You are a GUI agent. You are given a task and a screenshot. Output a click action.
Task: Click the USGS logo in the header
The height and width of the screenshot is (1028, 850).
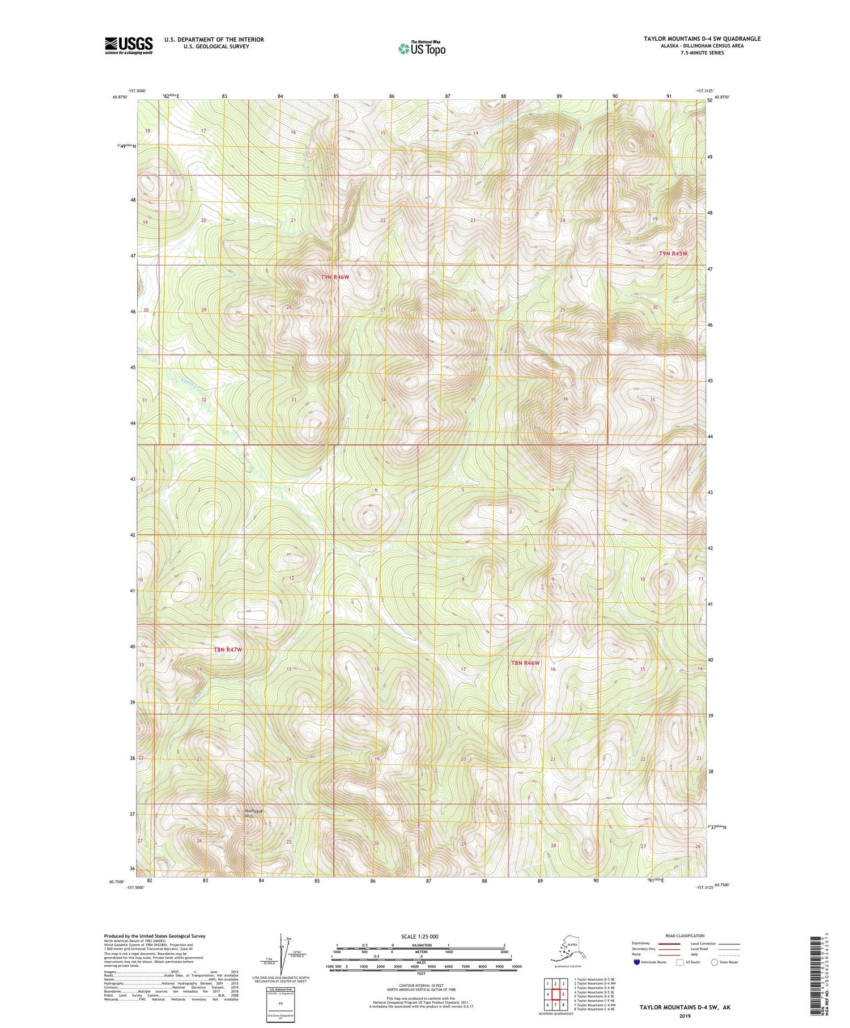[x=129, y=45]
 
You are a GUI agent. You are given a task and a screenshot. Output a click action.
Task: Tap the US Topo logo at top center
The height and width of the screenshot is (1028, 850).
[x=422, y=48]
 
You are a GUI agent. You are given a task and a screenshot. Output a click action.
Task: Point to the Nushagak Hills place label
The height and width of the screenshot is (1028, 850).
[x=253, y=813]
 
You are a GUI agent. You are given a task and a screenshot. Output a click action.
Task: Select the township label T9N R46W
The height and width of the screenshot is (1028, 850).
[x=335, y=277]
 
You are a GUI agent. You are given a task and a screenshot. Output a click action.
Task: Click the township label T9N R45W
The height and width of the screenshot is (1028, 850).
[x=673, y=253]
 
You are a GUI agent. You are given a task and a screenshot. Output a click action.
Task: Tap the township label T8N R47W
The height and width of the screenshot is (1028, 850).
[x=228, y=650]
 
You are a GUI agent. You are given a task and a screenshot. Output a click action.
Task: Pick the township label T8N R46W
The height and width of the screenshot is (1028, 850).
[x=525, y=663]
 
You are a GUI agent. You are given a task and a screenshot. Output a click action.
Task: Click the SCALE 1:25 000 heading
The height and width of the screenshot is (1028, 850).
[x=419, y=936]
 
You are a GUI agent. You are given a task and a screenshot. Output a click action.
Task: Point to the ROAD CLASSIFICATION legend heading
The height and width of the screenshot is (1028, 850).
[x=685, y=936]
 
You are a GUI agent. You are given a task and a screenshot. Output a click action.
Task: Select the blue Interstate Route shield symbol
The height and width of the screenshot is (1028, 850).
[x=636, y=962]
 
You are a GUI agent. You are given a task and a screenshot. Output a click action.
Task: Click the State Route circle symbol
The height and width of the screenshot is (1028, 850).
[x=715, y=962]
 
